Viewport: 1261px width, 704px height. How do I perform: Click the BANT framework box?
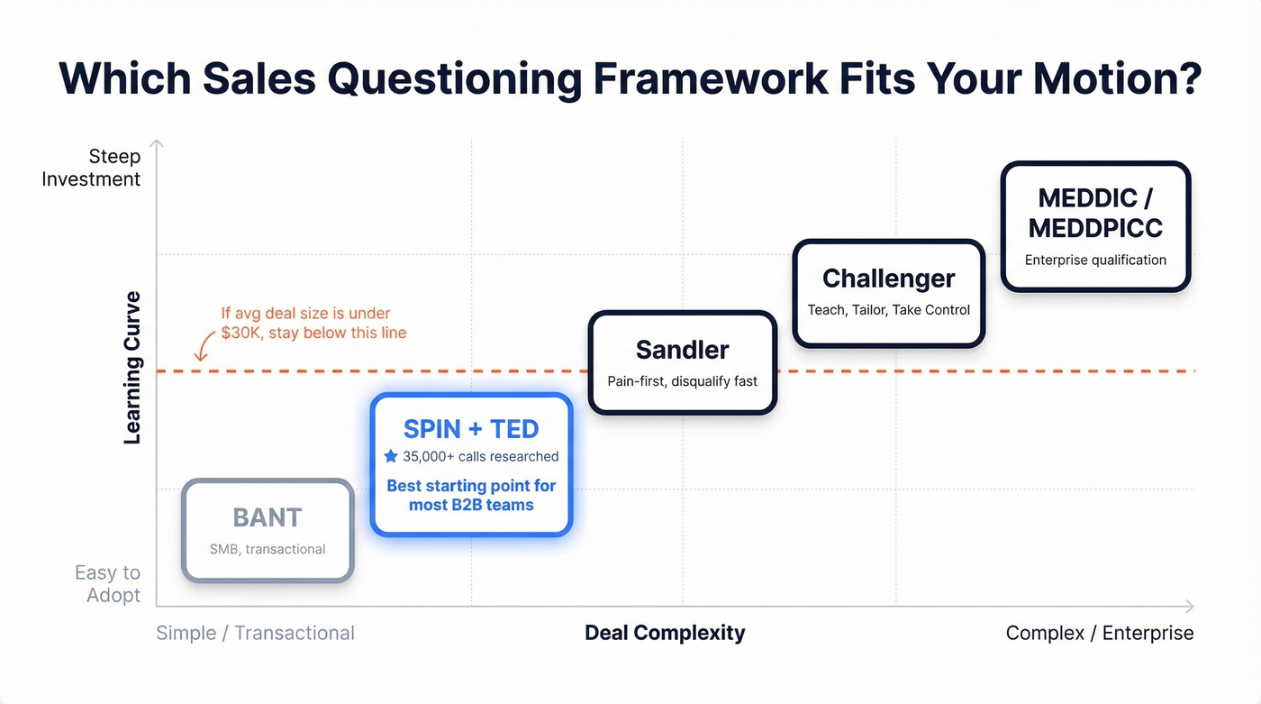[268, 531]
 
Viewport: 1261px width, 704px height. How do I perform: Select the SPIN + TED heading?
[471, 428]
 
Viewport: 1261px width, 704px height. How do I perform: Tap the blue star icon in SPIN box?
[391, 456]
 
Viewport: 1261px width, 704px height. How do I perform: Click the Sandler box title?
[682, 350]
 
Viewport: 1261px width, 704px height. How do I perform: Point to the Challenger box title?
[888, 279]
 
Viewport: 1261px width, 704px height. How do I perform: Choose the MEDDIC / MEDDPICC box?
[1095, 226]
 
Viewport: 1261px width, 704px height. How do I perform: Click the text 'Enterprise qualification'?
[1095, 261]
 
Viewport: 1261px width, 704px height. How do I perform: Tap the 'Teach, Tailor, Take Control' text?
[888, 310]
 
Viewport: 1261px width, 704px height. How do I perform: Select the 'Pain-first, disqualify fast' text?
[682, 381]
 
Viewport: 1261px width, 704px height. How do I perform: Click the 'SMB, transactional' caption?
[268, 549]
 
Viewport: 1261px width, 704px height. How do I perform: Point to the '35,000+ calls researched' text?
[480, 456]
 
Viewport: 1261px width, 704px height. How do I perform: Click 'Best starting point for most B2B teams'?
[471, 495]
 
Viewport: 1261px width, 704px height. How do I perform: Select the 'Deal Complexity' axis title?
[665, 633]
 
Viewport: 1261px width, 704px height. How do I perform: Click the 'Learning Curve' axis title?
[132, 368]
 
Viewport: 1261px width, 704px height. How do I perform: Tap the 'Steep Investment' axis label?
[91, 168]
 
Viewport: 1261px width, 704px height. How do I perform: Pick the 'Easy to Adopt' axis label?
[107, 584]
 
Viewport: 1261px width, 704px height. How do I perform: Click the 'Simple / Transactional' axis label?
[255, 633]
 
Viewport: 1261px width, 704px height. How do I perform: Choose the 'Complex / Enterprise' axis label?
[1099, 633]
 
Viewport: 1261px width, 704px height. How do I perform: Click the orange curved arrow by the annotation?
[203, 348]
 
